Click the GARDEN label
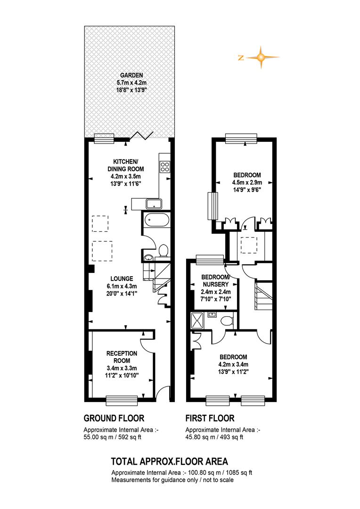pos(131,75)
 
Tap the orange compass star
pos(261,57)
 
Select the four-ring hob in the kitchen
pos(164,166)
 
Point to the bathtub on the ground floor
pos(156,221)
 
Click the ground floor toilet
pos(164,251)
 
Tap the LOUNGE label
pos(122,279)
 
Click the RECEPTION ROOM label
pos(122,357)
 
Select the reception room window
pos(122,401)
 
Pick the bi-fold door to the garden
pos(141,136)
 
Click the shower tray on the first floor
pos(197,320)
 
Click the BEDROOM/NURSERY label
pos(215,280)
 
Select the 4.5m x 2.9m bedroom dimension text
pos(247,182)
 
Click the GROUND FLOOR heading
pos(114,418)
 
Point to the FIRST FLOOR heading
pos(210,418)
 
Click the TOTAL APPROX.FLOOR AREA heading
pos(170,461)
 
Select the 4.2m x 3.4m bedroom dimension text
pos(233,364)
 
